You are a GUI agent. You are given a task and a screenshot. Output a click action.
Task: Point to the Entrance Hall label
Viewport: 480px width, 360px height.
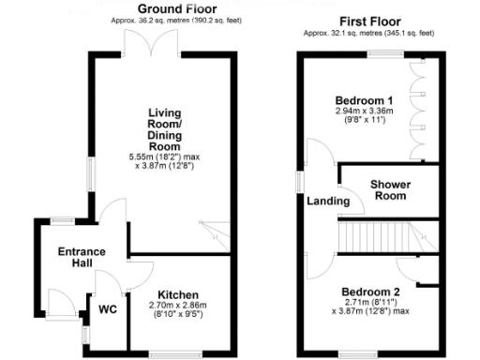[x=82, y=258]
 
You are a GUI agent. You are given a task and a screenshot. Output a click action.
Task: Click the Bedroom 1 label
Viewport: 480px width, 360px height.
[x=364, y=100]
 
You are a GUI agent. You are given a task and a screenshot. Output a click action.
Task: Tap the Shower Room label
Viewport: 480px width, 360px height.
[x=387, y=189]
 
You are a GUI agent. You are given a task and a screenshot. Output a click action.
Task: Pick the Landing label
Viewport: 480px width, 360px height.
[x=322, y=202]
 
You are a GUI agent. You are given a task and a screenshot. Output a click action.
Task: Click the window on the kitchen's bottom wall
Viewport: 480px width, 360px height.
[x=169, y=352]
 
